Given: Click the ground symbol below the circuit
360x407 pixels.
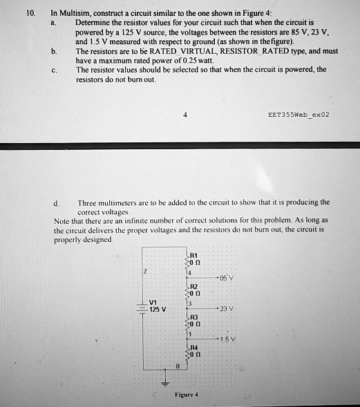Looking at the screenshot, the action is [164, 383].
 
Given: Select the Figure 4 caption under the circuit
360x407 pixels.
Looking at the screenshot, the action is [187, 395].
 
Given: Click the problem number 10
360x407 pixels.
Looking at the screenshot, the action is [28, 12].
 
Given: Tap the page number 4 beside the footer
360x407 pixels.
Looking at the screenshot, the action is [185, 115].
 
